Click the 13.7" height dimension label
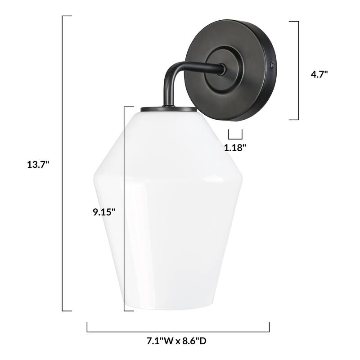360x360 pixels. pos(38,165)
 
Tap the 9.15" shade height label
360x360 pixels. pos(104,212)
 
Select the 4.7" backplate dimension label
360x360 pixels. pos(319,74)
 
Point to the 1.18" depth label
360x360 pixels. pos(235,147)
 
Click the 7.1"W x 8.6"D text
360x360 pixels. pos(179,341)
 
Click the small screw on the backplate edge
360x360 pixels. pos(273,66)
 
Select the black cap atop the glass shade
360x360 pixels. pos(168,109)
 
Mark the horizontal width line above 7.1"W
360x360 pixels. pos(178,332)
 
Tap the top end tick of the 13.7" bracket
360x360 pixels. pos(67,16)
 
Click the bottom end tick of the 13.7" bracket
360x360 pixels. pos(67,310)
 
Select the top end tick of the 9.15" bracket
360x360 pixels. pos(129,107)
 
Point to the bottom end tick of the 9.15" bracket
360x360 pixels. pos(129,310)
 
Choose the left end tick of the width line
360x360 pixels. pos(87,327)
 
